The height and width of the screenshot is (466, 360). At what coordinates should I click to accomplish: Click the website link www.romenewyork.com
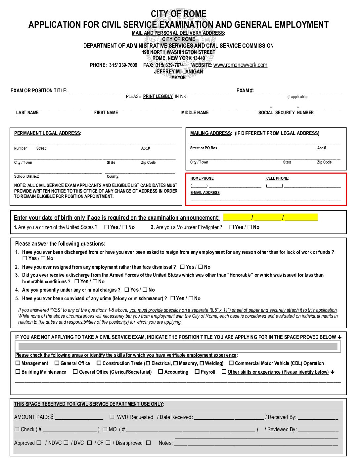point(240,65)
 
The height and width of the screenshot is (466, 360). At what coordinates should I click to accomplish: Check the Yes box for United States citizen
point(107,227)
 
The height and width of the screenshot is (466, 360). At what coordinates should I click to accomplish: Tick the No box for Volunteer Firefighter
point(250,227)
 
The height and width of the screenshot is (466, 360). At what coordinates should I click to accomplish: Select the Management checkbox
point(18,363)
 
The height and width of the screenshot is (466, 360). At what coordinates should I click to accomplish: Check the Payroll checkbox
point(197,372)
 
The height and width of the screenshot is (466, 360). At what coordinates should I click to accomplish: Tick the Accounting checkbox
point(161,372)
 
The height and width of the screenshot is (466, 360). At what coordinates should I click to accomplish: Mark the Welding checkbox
point(202,363)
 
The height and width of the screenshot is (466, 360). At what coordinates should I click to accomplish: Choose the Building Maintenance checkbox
point(18,372)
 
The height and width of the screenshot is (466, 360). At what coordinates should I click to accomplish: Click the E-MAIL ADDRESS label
point(205,193)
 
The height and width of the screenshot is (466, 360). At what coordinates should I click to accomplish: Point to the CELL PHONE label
point(277,178)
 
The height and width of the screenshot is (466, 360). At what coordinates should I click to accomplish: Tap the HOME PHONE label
point(202,178)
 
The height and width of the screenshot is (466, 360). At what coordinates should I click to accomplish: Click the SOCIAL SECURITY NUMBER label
point(286,113)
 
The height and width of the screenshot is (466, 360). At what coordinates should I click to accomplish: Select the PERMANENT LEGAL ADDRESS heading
point(47,133)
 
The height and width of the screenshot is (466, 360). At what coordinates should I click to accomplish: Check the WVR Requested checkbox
point(112,417)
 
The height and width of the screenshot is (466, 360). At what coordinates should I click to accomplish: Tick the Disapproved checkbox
point(148,443)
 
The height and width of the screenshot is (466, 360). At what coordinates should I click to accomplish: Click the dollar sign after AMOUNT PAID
point(52,417)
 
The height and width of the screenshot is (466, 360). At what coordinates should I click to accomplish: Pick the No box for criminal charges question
point(145,290)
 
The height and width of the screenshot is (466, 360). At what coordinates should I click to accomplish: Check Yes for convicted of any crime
point(173,298)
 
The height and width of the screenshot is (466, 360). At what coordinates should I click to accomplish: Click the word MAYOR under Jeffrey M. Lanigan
point(178,77)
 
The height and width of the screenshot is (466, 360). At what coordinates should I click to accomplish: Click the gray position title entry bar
point(178,347)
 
